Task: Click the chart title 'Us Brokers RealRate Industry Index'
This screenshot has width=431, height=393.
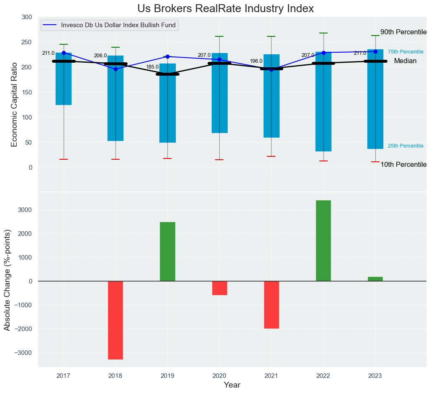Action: (x=225, y=9)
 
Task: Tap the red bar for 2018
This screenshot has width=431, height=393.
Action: (x=115, y=320)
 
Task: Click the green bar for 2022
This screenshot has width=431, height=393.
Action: (x=323, y=240)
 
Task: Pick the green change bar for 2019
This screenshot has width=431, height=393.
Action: (x=167, y=251)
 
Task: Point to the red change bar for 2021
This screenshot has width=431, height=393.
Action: (x=271, y=304)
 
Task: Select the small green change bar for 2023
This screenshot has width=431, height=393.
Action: (x=375, y=279)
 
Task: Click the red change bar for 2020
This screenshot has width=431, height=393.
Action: (x=219, y=288)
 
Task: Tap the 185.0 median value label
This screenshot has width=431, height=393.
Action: (x=152, y=67)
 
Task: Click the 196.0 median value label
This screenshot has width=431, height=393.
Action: (x=256, y=61)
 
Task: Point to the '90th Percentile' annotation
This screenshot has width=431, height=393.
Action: (x=403, y=32)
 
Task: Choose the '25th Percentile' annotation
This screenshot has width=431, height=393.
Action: (x=405, y=146)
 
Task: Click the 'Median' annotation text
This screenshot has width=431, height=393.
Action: (x=405, y=61)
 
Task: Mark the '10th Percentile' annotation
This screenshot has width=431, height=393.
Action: (x=403, y=165)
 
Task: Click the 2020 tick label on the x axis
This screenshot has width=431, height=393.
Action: (x=219, y=376)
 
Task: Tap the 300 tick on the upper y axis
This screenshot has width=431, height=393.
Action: (x=26, y=17)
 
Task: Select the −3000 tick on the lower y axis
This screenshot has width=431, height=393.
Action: (x=23, y=352)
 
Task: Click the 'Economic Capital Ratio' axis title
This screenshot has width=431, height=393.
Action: (x=14, y=104)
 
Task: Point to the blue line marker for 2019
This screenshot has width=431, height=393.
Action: (x=167, y=56)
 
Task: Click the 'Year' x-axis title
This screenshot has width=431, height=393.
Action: (x=232, y=385)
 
